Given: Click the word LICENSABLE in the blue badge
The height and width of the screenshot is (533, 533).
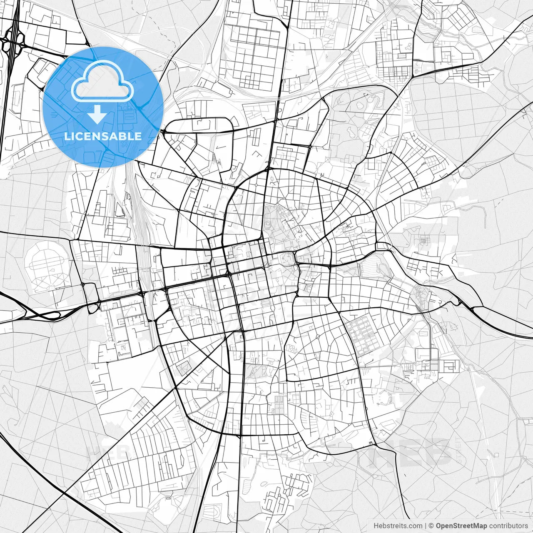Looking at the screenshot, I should click(x=103, y=136).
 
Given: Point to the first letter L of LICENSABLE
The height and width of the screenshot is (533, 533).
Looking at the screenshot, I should click(x=67, y=136).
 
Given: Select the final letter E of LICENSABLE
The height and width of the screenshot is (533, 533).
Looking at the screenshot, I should click(x=138, y=136).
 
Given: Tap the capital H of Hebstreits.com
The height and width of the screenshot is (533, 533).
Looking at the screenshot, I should click(x=376, y=526).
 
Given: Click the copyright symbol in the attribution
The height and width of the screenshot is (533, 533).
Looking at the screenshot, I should click(x=431, y=526).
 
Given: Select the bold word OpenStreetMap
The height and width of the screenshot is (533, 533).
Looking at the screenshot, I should click(x=461, y=526).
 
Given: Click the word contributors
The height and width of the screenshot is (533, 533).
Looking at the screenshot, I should click(x=508, y=526).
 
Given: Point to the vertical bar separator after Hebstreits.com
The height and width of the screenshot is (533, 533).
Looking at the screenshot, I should click(x=426, y=526).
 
